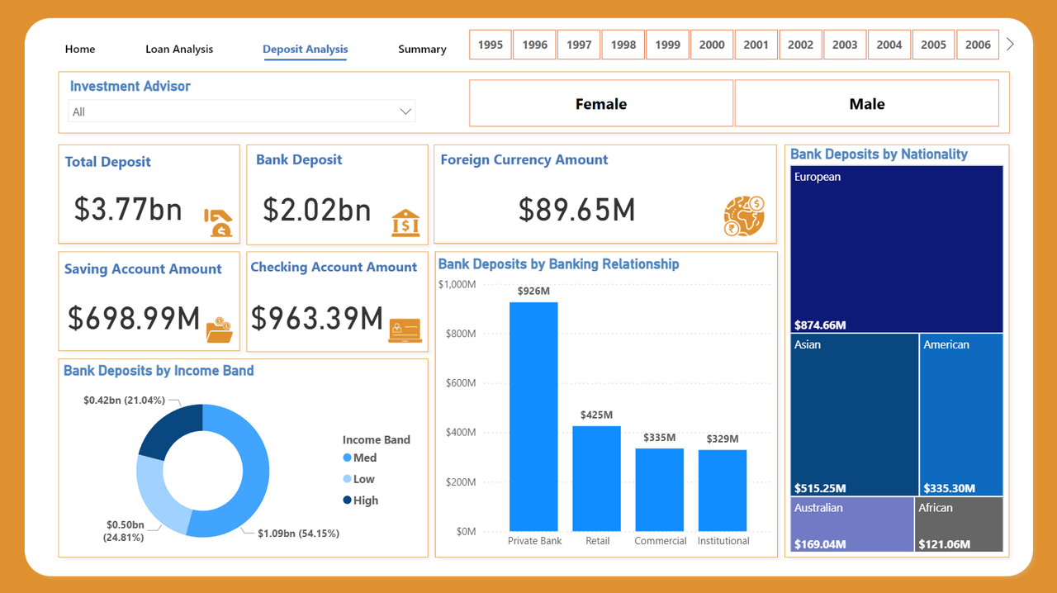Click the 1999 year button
[667, 45]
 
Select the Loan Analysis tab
[179, 49]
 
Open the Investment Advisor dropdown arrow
[405, 111]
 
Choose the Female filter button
[600, 104]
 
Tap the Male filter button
[866, 104]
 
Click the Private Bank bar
[533, 416]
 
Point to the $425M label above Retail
[596, 415]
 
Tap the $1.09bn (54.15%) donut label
[298, 534]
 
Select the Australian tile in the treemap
[851, 524]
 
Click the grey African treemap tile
[960, 524]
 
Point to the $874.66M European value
[820, 325]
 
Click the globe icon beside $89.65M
[743, 216]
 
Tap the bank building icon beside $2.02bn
[405, 222]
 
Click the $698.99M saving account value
[134, 319]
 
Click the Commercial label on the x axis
[660, 541]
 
